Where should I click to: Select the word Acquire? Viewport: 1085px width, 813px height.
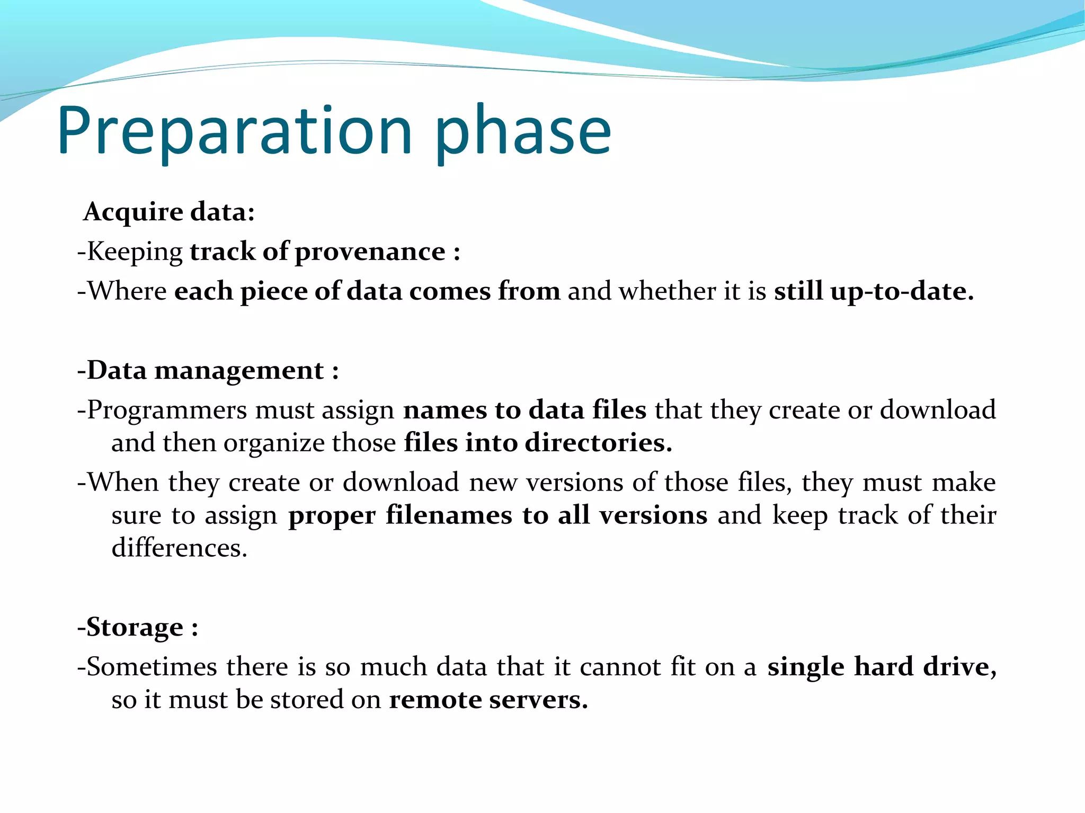coord(134,211)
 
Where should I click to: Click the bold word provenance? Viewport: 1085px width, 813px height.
coord(370,251)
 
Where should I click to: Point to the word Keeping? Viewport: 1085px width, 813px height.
coord(135,251)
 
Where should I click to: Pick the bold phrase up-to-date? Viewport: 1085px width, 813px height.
coord(902,291)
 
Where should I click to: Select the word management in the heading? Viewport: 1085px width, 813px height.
coord(239,370)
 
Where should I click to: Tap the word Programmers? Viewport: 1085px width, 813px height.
coord(166,410)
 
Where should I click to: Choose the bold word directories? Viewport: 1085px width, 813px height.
coord(598,443)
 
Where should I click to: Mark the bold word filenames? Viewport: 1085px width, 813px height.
coord(449,515)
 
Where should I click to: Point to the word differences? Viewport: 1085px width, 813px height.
coord(179,548)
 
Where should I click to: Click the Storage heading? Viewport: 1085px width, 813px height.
coord(135,627)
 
